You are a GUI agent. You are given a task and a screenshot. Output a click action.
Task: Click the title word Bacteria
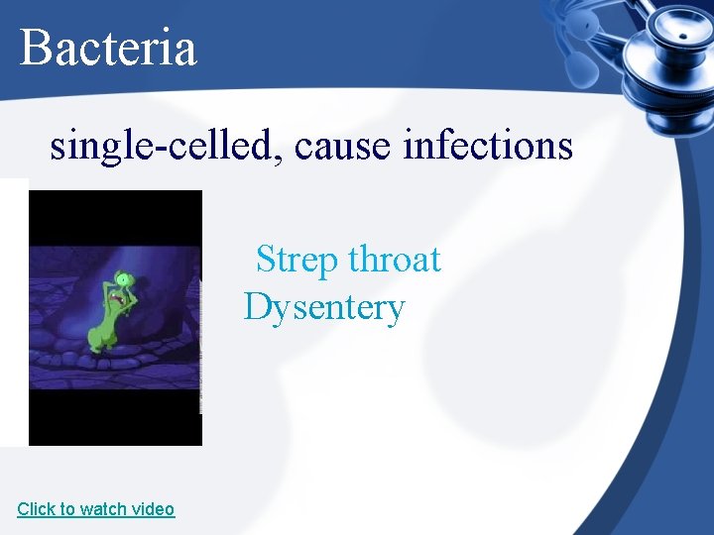tap(108, 48)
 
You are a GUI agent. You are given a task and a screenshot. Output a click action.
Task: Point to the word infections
tap(488, 147)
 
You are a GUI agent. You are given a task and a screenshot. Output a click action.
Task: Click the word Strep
tap(297, 261)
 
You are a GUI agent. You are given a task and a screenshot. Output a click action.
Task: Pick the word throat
tap(394, 261)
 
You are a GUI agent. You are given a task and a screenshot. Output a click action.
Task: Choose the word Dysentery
tap(324, 308)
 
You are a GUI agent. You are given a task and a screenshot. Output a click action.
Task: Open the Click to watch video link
tap(95, 509)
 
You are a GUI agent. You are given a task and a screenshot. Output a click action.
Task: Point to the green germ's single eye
tap(121, 278)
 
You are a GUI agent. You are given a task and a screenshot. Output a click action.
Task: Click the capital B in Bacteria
tap(35, 48)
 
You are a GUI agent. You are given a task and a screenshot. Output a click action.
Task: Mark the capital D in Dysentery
tap(257, 308)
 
